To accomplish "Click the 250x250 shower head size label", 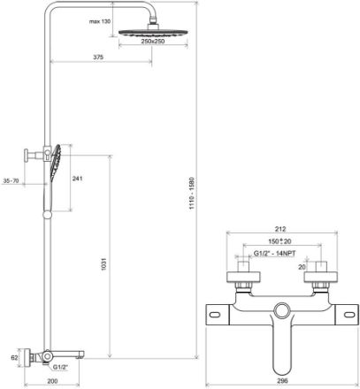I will pos(153,42).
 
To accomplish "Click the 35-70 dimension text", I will pos(11,180).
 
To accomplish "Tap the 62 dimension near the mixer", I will pos(14,358).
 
